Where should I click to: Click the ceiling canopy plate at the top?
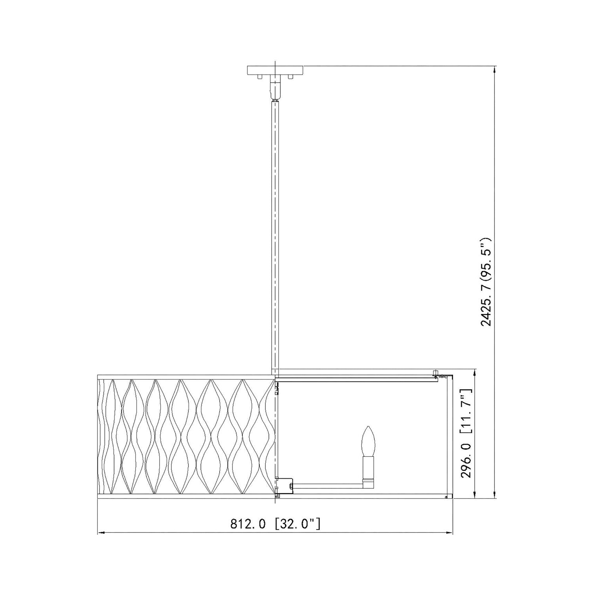[275, 70]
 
